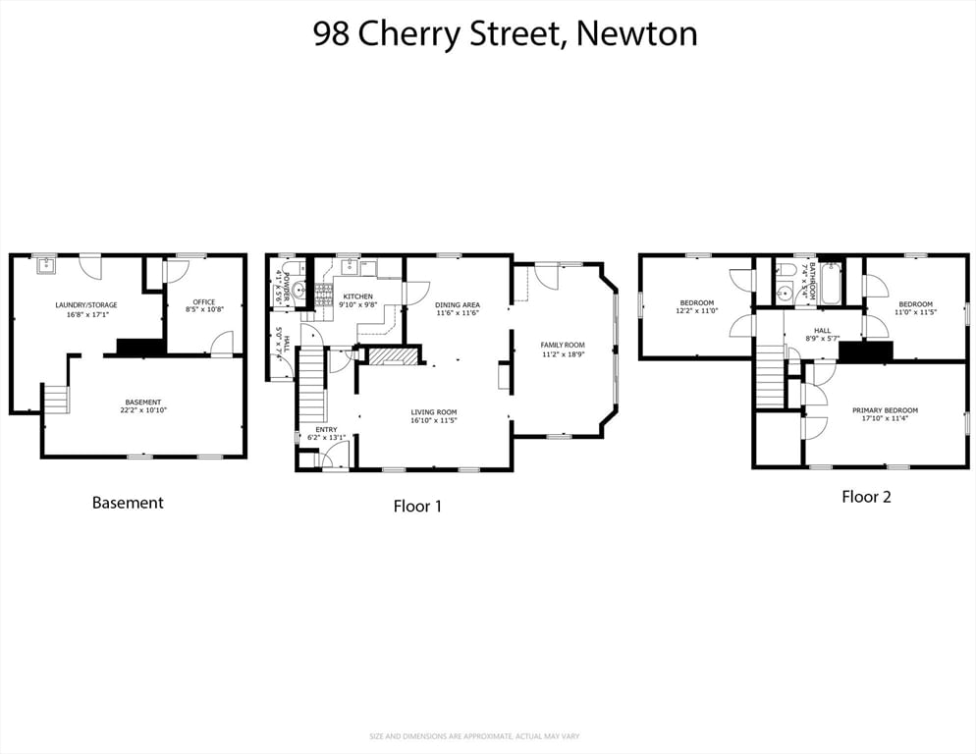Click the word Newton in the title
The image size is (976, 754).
(x=636, y=33)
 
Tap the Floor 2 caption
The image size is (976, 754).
(x=866, y=497)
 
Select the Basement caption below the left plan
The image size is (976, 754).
(x=128, y=503)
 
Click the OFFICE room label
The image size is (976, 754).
(x=204, y=301)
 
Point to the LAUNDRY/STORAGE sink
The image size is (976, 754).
(x=45, y=264)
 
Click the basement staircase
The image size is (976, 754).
(x=56, y=399)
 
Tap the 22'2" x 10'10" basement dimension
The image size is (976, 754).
(x=142, y=411)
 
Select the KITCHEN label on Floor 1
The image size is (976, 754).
(x=357, y=296)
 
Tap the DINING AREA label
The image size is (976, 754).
(x=458, y=305)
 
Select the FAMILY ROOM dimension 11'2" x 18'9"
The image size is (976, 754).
(x=563, y=354)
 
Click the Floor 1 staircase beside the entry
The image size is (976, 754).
(x=311, y=384)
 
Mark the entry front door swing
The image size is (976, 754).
(x=337, y=455)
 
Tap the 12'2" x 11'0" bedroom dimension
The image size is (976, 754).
(x=696, y=311)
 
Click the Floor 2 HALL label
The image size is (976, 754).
(x=822, y=330)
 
